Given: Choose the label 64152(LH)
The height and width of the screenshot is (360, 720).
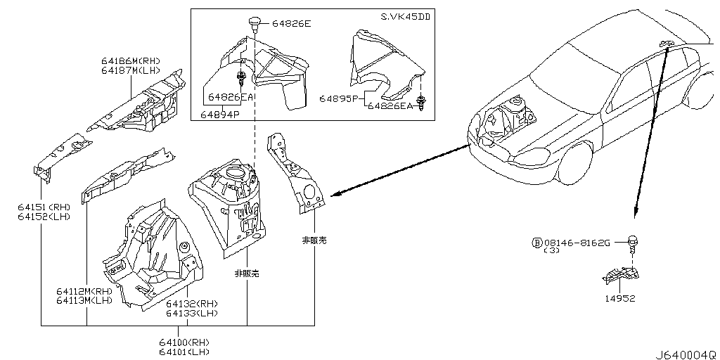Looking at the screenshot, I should point(44,216).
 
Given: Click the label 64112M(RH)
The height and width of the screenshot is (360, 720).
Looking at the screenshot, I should point(84,291).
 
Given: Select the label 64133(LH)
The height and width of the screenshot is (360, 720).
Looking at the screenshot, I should point(192,313).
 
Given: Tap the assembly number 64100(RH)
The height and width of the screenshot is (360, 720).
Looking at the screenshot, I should point(184,342).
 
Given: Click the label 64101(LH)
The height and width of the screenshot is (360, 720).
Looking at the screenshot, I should point(184,352).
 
